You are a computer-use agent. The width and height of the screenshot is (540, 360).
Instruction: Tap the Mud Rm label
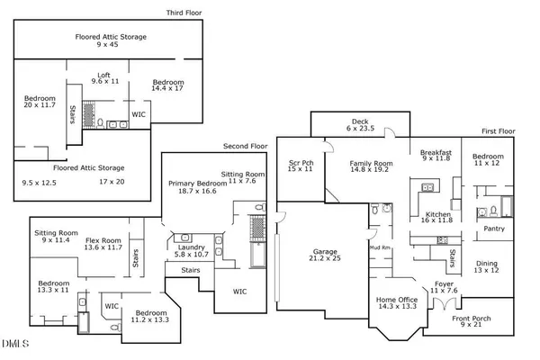(x=379, y=247)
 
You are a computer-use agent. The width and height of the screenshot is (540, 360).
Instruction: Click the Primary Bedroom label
(x=196, y=183)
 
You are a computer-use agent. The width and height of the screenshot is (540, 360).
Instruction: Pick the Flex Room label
(x=103, y=241)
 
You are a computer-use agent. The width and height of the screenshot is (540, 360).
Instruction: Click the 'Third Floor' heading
(x=184, y=13)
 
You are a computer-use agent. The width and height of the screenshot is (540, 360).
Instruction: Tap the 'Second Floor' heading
(x=244, y=147)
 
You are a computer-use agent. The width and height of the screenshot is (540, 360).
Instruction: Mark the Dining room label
(x=486, y=264)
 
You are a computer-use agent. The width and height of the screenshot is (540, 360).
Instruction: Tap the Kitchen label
(x=435, y=215)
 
